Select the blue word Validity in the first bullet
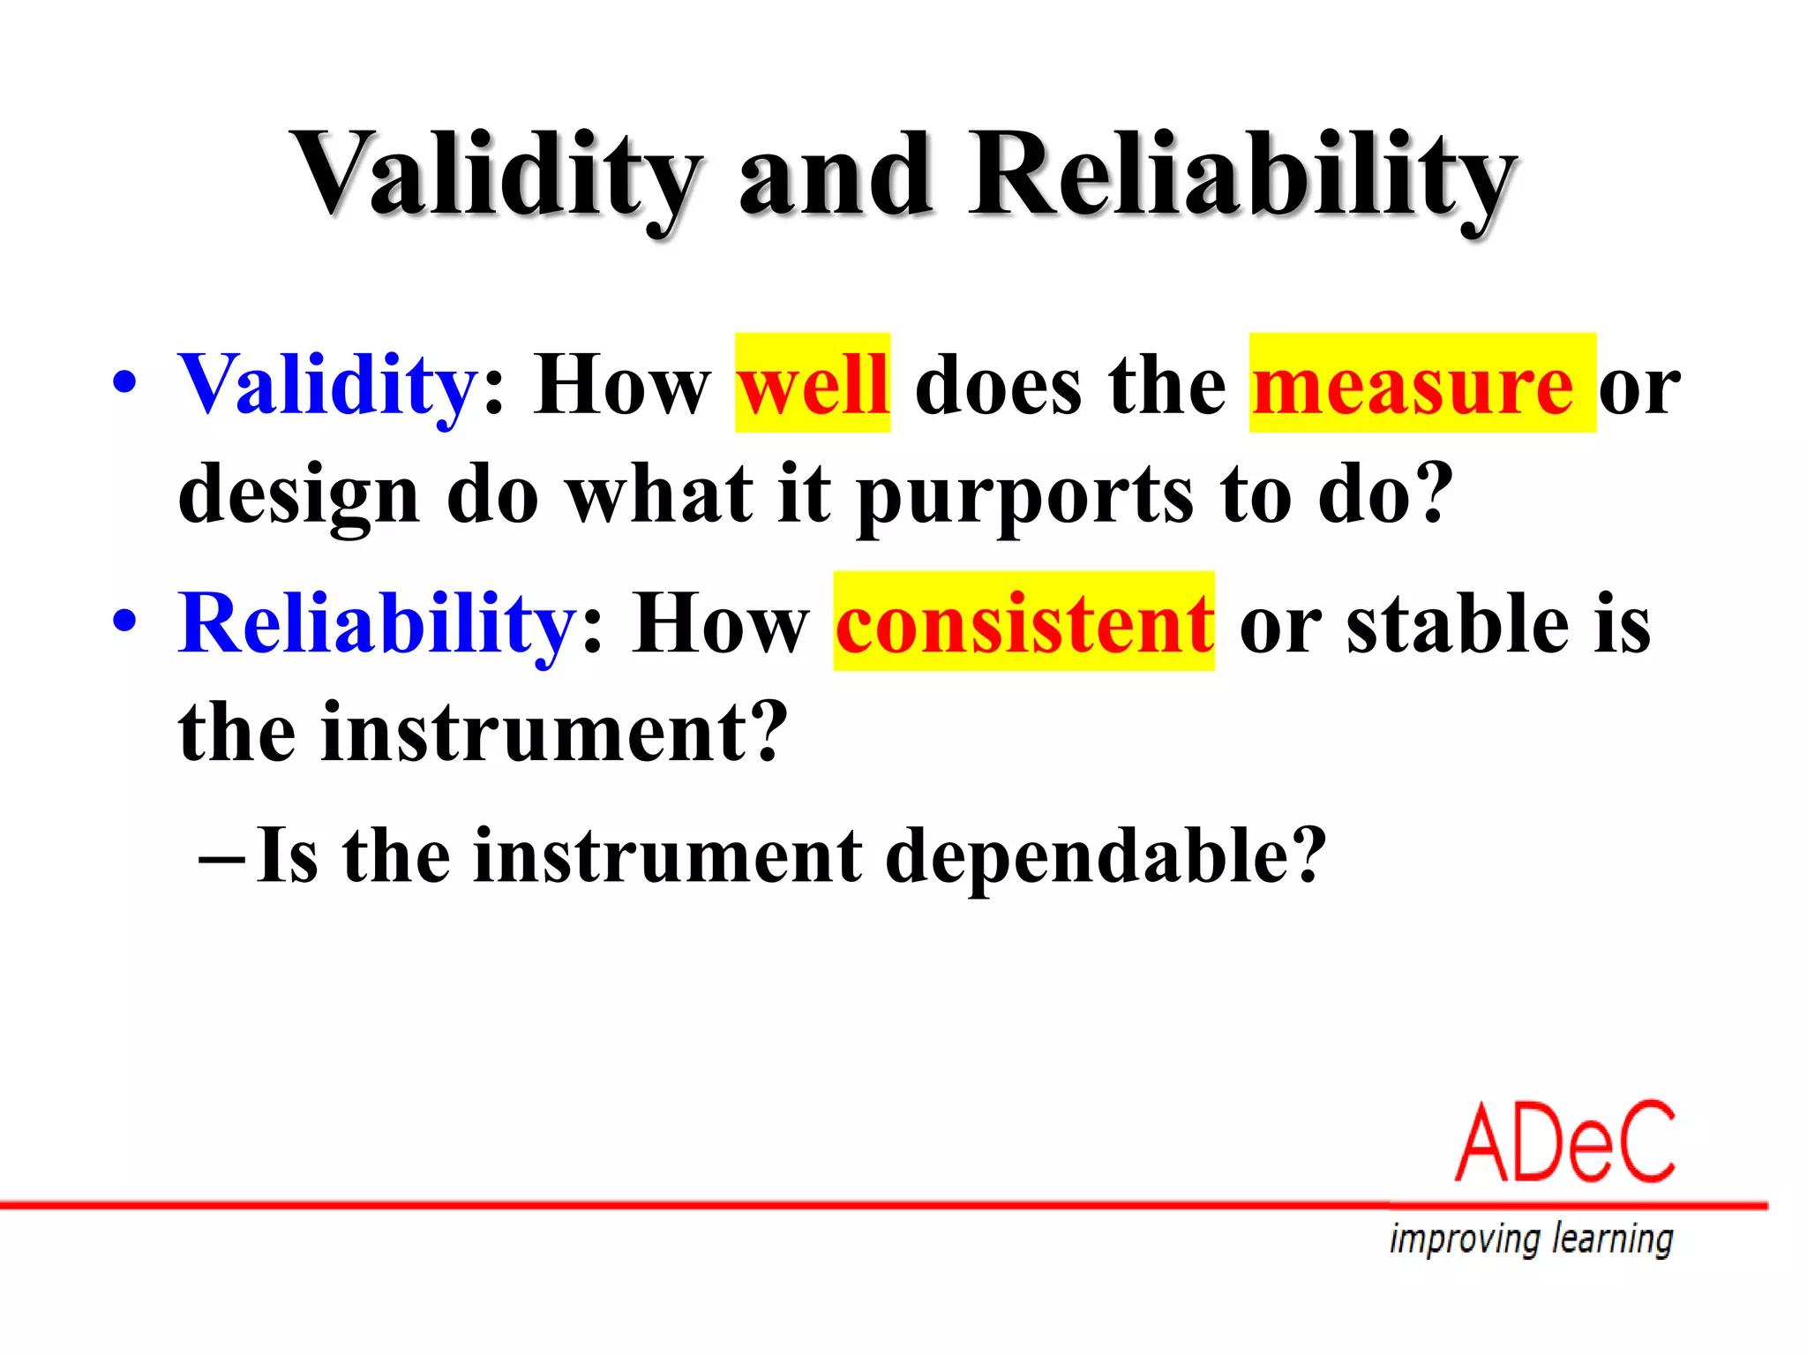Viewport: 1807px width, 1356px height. tap(328, 386)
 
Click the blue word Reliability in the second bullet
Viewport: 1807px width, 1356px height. tap(378, 624)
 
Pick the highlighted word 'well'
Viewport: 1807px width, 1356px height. tap(813, 385)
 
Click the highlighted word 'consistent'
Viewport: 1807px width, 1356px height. tap(1023, 623)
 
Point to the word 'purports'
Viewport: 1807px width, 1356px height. tap(1024, 497)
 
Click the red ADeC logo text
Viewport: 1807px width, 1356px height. tap(1564, 1142)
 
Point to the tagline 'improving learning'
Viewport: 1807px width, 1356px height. tap(1531, 1239)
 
